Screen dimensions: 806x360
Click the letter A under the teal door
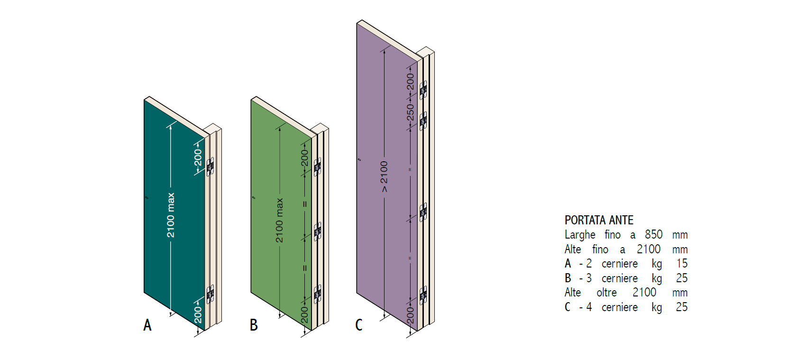tap(147, 325)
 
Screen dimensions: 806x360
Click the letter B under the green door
tap(254, 325)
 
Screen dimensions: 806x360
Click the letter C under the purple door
tap(359, 325)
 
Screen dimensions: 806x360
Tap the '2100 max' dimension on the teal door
tap(171, 215)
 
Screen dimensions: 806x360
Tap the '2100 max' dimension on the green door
tap(279, 220)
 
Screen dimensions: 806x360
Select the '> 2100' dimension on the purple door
tap(384, 176)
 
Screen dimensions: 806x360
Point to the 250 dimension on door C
tap(410, 112)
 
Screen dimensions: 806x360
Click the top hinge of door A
tap(210, 166)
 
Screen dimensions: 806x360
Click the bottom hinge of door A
tap(210, 294)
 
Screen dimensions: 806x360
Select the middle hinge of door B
tap(317, 231)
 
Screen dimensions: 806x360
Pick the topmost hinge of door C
tap(423, 90)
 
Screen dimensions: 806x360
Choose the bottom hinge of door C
tap(423, 296)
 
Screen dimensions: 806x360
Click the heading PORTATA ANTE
tap(599, 220)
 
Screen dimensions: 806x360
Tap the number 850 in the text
tap(653, 234)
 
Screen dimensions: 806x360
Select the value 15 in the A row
tap(682, 263)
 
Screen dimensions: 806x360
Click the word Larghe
tap(580, 235)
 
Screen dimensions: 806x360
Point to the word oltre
tap(606, 293)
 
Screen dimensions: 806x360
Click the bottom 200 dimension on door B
tap(304, 315)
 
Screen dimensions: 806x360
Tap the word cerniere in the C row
tap(620, 307)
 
